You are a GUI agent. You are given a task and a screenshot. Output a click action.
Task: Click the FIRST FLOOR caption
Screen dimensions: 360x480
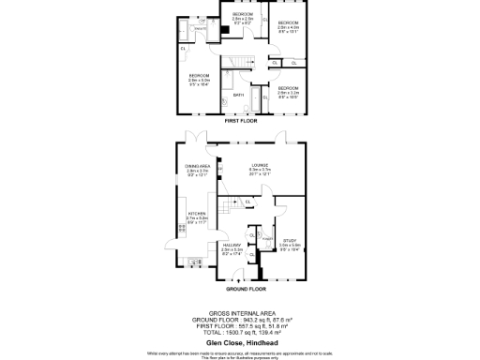click(x=240, y=122)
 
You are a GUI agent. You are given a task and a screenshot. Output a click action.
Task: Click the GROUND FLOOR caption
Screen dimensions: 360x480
click(x=240, y=290)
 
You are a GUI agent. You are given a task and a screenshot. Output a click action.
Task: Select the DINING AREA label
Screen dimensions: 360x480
click(x=197, y=170)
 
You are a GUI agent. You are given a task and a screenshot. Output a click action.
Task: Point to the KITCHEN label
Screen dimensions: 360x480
click(x=197, y=218)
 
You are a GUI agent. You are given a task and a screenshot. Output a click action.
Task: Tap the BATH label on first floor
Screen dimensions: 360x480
click(x=239, y=95)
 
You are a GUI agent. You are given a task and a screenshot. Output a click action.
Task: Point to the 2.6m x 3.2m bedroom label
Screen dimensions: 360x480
click(x=288, y=90)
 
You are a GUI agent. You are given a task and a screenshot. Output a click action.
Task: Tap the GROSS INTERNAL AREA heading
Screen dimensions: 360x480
click(x=240, y=310)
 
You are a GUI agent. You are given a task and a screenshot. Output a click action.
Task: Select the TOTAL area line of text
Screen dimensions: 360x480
click(x=240, y=331)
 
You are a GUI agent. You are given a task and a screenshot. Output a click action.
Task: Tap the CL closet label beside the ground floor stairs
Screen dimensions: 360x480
click(x=247, y=202)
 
